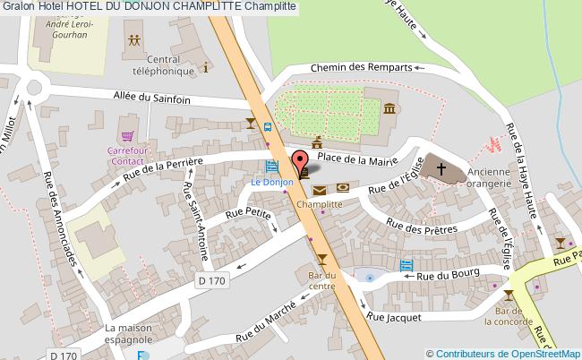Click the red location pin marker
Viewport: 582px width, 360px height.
[299, 164]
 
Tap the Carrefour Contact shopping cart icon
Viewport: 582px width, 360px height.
[128, 136]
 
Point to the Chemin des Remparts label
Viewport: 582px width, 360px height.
[361, 67]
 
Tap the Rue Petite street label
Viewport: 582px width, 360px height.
[248, 213]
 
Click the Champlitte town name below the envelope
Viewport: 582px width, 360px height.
[320, 204]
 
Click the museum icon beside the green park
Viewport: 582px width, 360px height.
[390, 108]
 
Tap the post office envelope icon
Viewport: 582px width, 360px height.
[320, 188]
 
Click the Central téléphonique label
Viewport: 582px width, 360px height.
[164, 66]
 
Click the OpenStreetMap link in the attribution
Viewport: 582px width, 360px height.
[542, 353]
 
